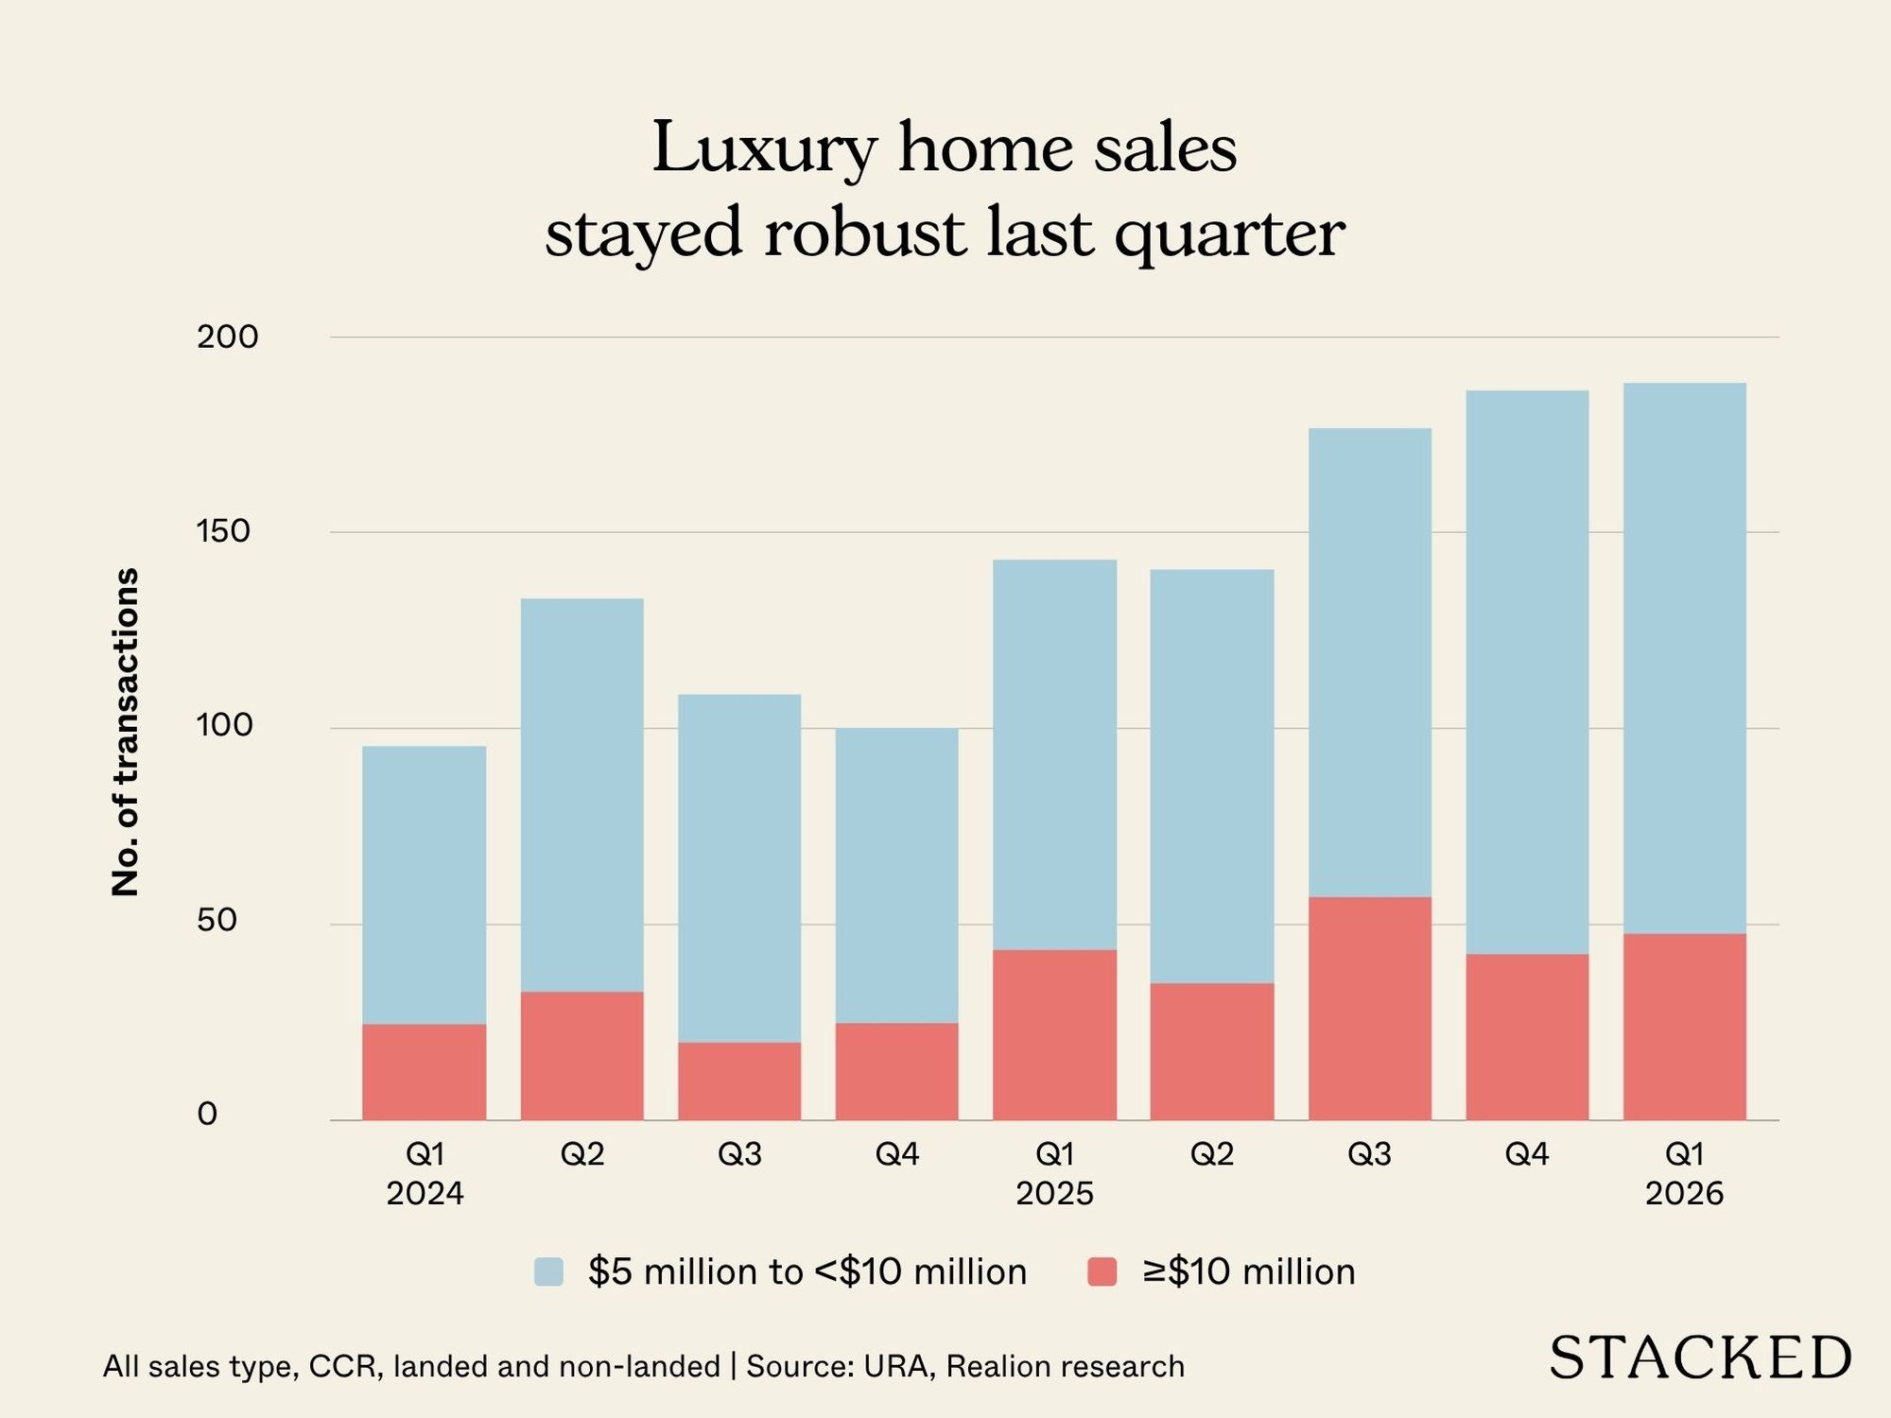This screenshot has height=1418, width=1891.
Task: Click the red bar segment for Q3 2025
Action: tap(1369, 1009)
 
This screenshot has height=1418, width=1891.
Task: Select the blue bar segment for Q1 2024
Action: tap(425, 885)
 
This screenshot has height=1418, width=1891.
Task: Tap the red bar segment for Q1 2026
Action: tap(1684, 1027)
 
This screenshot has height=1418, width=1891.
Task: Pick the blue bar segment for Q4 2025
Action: tap(1527, 672)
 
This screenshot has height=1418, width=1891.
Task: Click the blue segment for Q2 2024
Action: tap(581, 795)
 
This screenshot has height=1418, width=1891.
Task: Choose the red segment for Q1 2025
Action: tap(1054, 1034)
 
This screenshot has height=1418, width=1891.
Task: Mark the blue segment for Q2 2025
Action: tap(1211, 776)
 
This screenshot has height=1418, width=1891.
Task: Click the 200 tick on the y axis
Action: tap(227, 337)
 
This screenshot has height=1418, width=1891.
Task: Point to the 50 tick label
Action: tap(217, 921)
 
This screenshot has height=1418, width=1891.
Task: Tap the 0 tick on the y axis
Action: tap(207, 1115)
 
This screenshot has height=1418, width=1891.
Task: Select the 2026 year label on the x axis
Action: tap(1684, 1194)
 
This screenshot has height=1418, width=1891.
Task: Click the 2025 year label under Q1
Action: tap(1054, 1194)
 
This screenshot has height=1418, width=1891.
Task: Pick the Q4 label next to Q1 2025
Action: tap(896, 1154)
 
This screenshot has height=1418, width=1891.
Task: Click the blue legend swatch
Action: tap(548, 1272)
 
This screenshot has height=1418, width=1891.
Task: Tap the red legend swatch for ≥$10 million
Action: tap(1102, 1272)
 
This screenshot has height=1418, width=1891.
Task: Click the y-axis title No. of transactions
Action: tap(126, 732)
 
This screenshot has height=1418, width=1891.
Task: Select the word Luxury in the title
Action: tap(764, 148)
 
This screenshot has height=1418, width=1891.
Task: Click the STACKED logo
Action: tap(1699, 1358)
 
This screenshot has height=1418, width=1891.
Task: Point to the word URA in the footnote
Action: tap(895, 1367)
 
